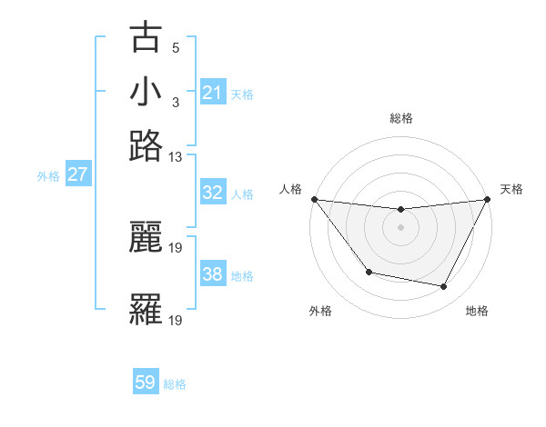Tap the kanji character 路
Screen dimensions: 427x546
click(x=146, y=145)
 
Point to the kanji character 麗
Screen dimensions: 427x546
click(x=146, y=240)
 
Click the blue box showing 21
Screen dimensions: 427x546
click(x=213, y=93)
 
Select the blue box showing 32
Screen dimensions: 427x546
click(x=213, y=194)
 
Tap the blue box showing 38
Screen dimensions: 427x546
click(x=213, y=274)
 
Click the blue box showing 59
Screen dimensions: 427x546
click(x=146, y=382)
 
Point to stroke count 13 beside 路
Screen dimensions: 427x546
click(x=176, y=157)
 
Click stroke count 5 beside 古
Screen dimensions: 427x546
click(x=176, y=47)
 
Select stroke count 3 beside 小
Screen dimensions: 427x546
click(x=176, y=102)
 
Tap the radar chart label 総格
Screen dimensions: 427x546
click(x=401, y=118)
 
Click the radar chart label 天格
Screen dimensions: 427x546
click(x=511, y=189)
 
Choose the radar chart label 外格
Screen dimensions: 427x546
click(x=320, y=311)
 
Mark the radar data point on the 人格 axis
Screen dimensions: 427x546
click(x=314, y=199)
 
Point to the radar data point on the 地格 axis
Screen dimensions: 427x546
click(x=444, y=287)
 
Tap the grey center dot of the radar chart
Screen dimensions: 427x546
click(x=401, y=227)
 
